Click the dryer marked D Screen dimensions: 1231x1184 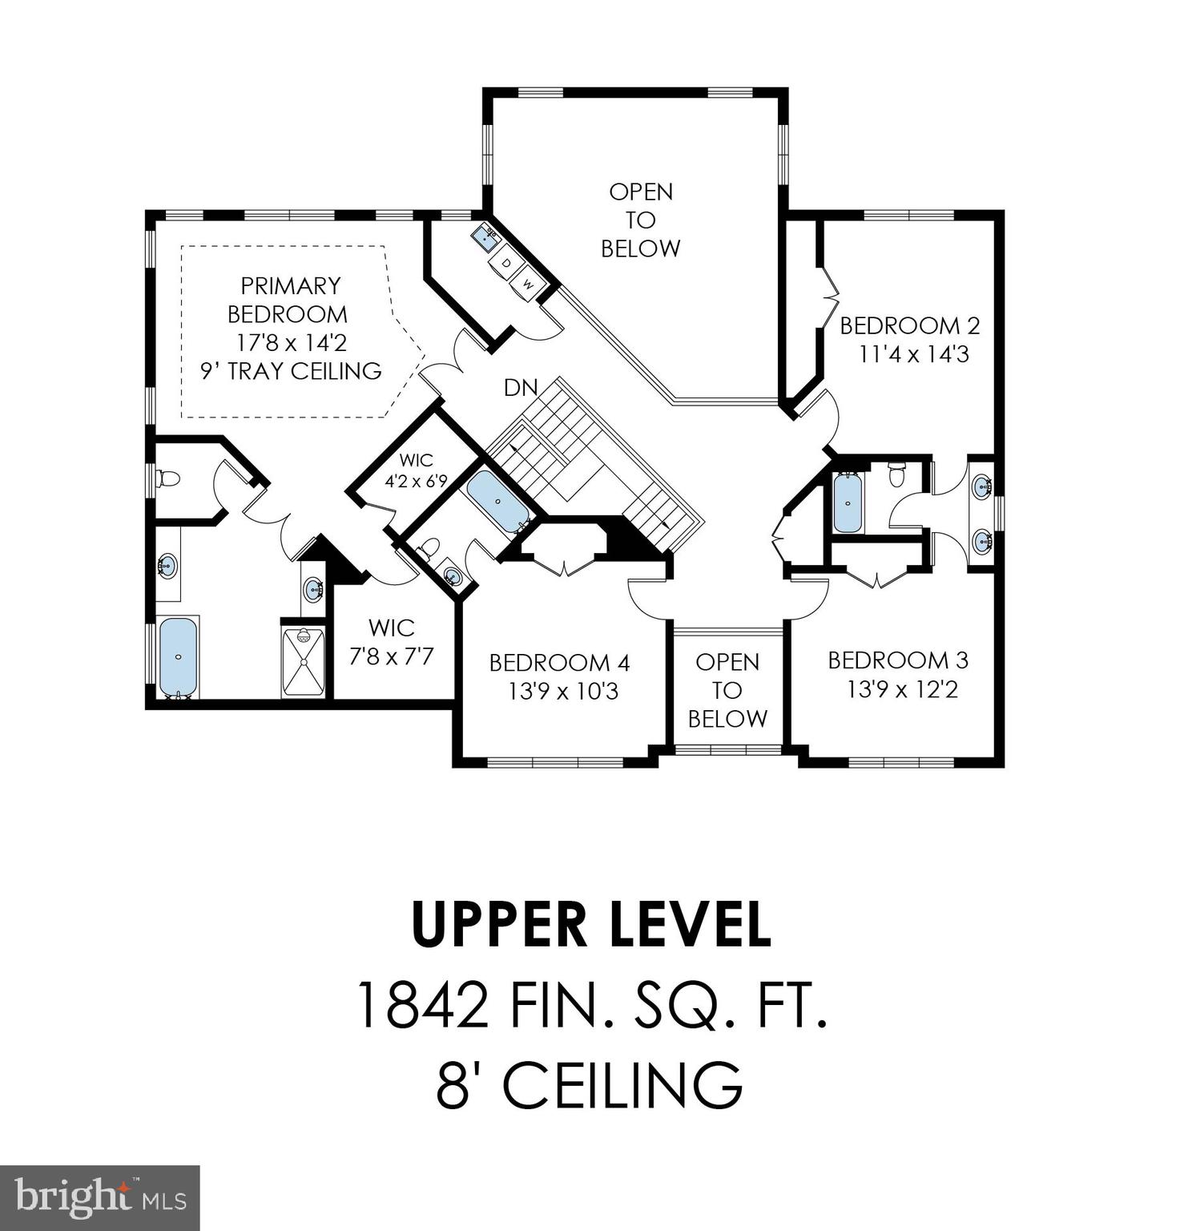(x=506, y=263)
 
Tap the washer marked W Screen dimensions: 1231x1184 (x=528, y=282)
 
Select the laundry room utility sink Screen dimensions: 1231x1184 (x=485, y=236)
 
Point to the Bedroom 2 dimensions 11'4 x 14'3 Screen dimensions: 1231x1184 (x=913, y=354)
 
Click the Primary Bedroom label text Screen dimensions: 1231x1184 (x=289, y=299)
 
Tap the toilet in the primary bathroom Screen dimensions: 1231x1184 (x=168, y=479)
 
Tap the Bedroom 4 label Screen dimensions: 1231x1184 (x=559, y=663)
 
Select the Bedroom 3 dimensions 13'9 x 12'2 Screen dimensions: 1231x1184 (x=902, y=689)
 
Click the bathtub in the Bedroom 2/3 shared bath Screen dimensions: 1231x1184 (x=848, y=502)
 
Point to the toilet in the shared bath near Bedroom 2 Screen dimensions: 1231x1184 (x=898, y=474)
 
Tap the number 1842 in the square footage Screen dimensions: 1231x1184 (x=421, y=1006)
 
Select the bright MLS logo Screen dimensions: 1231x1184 (x=99, y=1197)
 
